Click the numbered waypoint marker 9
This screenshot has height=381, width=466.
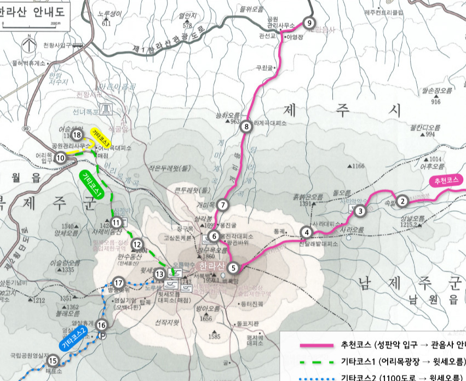(x=310, y=23)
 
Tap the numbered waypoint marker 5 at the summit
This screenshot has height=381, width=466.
(x=234, y=268)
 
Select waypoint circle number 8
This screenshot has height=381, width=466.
(x=247, y=127)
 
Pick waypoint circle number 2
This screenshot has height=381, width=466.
(x=402, y=201)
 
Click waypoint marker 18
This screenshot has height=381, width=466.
(x=77, y=134)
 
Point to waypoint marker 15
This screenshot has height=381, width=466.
(x=53, y=360)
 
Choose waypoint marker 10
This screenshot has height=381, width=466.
(x=60, y=158)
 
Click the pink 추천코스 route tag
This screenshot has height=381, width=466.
(x=448, y=180)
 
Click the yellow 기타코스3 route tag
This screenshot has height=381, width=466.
(x=101, y=138)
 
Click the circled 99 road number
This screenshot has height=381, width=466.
(x=26, y=128)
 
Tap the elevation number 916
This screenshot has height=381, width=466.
(x=436, y=101)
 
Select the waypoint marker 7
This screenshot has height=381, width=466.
(x=222, y=205)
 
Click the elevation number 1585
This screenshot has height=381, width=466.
(x=214, y=336)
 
